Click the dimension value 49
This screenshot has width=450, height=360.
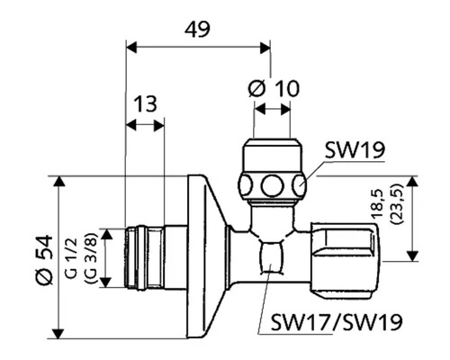click(197, 30)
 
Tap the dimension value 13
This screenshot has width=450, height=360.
click(145, 103)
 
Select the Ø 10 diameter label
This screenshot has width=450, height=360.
click(274, 88)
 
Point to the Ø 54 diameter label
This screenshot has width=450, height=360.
click(44, 260)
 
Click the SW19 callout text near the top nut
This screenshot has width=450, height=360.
click(355, 150)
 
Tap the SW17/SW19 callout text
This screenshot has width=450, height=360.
click(337, 322)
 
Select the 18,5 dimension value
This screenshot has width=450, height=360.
click(377, 203)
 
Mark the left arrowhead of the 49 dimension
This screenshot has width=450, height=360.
click(131, 48)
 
